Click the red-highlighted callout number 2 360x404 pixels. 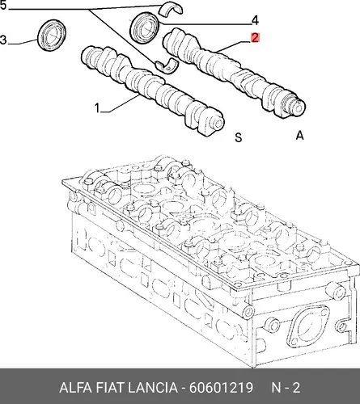(255, 37)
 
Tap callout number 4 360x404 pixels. (255, 21)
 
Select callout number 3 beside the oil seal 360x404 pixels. (3, 40)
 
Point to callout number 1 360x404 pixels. (97, 108)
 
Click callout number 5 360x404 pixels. (2, 5)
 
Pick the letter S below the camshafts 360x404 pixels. (239, 137)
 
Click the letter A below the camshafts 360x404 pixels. (299, 135)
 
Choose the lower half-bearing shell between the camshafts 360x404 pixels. (167, 66)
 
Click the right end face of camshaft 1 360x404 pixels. (218, 124)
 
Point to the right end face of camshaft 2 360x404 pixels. (299, 107)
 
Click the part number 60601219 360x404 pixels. (221, 388)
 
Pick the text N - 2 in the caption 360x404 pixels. (286, 388)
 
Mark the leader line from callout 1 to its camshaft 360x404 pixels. (122, 103)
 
